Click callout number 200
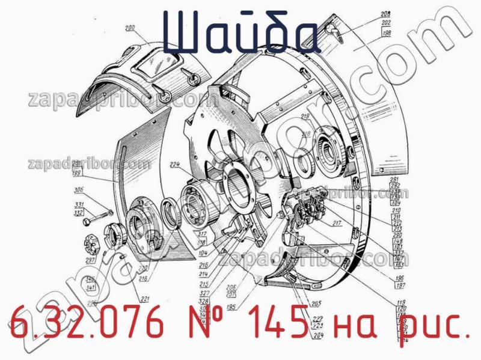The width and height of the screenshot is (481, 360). tap(130, 28)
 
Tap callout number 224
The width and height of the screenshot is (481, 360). tap(175, 165)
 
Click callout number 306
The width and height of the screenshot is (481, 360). tap(79, 191)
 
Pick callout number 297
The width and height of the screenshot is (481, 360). tap(91, 260)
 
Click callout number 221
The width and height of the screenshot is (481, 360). tap(145, 299)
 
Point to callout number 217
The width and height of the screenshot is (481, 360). tap(336, 224)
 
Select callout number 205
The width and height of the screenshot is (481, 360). tap(316, 303)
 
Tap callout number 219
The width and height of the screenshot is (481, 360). tap(305, 116)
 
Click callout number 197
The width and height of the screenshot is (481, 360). tap(398, 285)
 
